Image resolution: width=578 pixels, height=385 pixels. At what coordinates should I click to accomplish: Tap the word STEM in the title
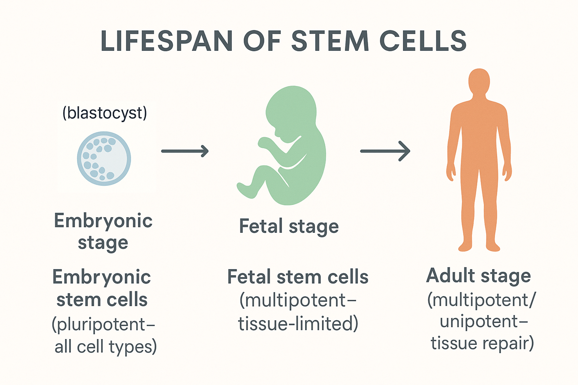(330, 41)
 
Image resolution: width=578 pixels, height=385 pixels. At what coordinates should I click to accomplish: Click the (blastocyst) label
(104, 113)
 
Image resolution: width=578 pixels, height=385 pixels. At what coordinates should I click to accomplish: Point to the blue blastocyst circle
(104, 158)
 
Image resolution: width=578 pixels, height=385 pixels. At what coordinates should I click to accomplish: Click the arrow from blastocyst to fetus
(185, 151)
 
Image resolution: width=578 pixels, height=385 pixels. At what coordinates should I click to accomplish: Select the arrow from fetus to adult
(385, 151)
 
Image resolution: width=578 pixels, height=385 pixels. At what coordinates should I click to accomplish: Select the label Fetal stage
(289, 226)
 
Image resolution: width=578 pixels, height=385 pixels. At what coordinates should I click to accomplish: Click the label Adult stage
(478, 275)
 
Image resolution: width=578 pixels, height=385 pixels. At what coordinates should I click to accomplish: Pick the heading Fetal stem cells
(298, 277)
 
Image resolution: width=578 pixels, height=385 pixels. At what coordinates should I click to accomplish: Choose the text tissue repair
(482, 343)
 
